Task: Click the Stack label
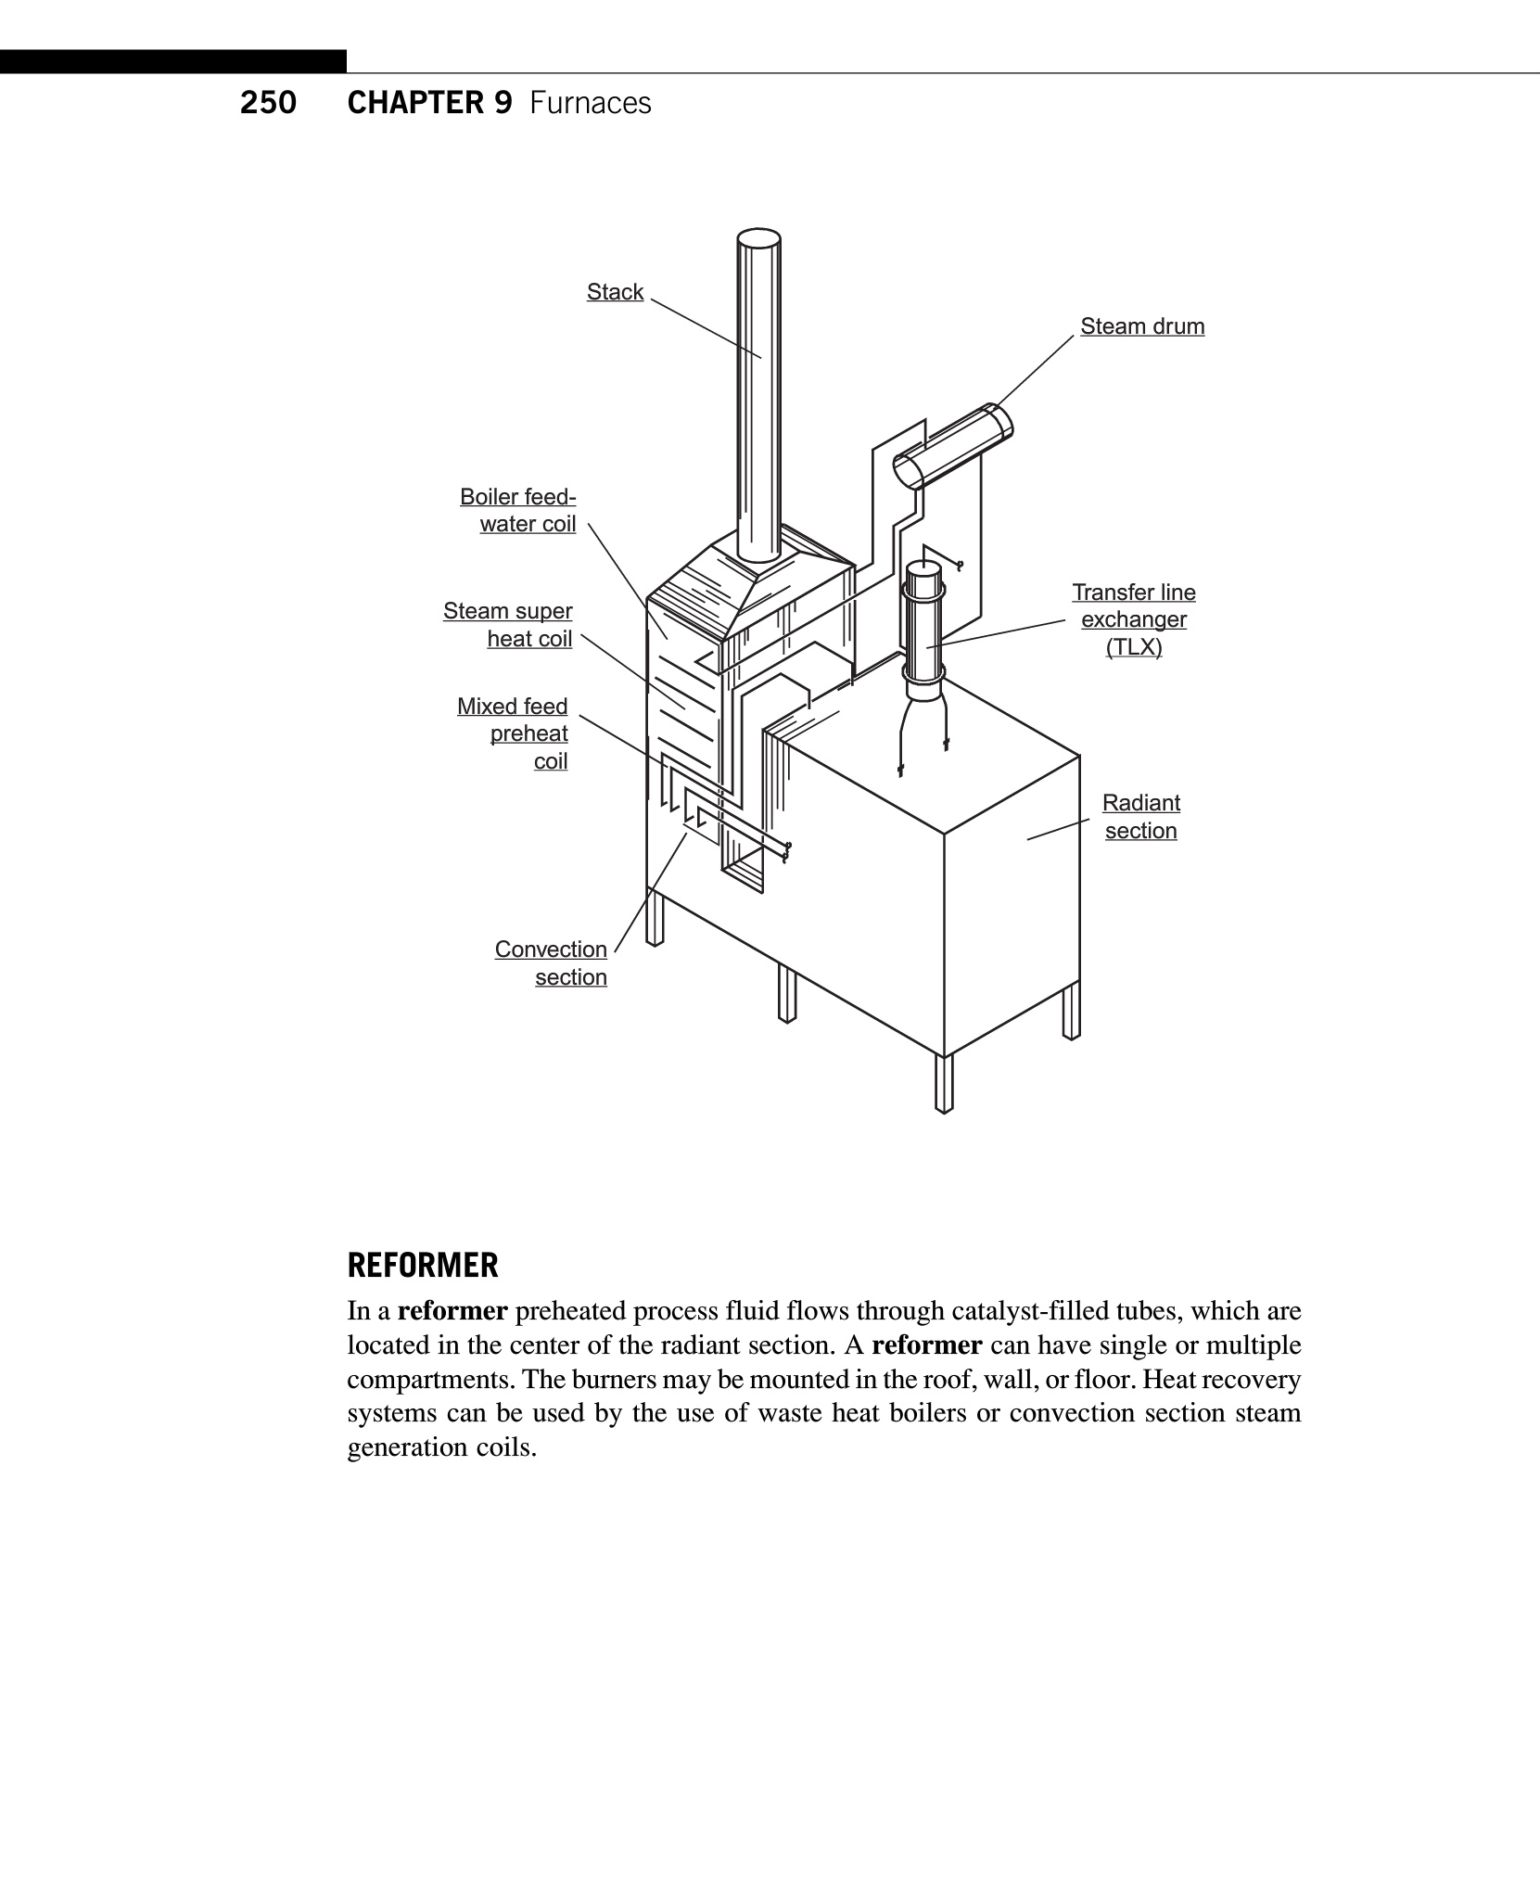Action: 615,292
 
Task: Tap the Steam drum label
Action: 1142,326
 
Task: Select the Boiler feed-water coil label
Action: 518,510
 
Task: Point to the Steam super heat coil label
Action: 508,625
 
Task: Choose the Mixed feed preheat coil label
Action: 513,733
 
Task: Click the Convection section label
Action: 551,962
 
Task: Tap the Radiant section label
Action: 1140,816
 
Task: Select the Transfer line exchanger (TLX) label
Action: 1134,619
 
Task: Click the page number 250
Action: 268,102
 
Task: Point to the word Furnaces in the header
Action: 591,102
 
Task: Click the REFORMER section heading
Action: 423,1265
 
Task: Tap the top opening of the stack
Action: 758,238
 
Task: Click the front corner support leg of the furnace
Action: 944,1084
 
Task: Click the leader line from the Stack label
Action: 706,328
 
